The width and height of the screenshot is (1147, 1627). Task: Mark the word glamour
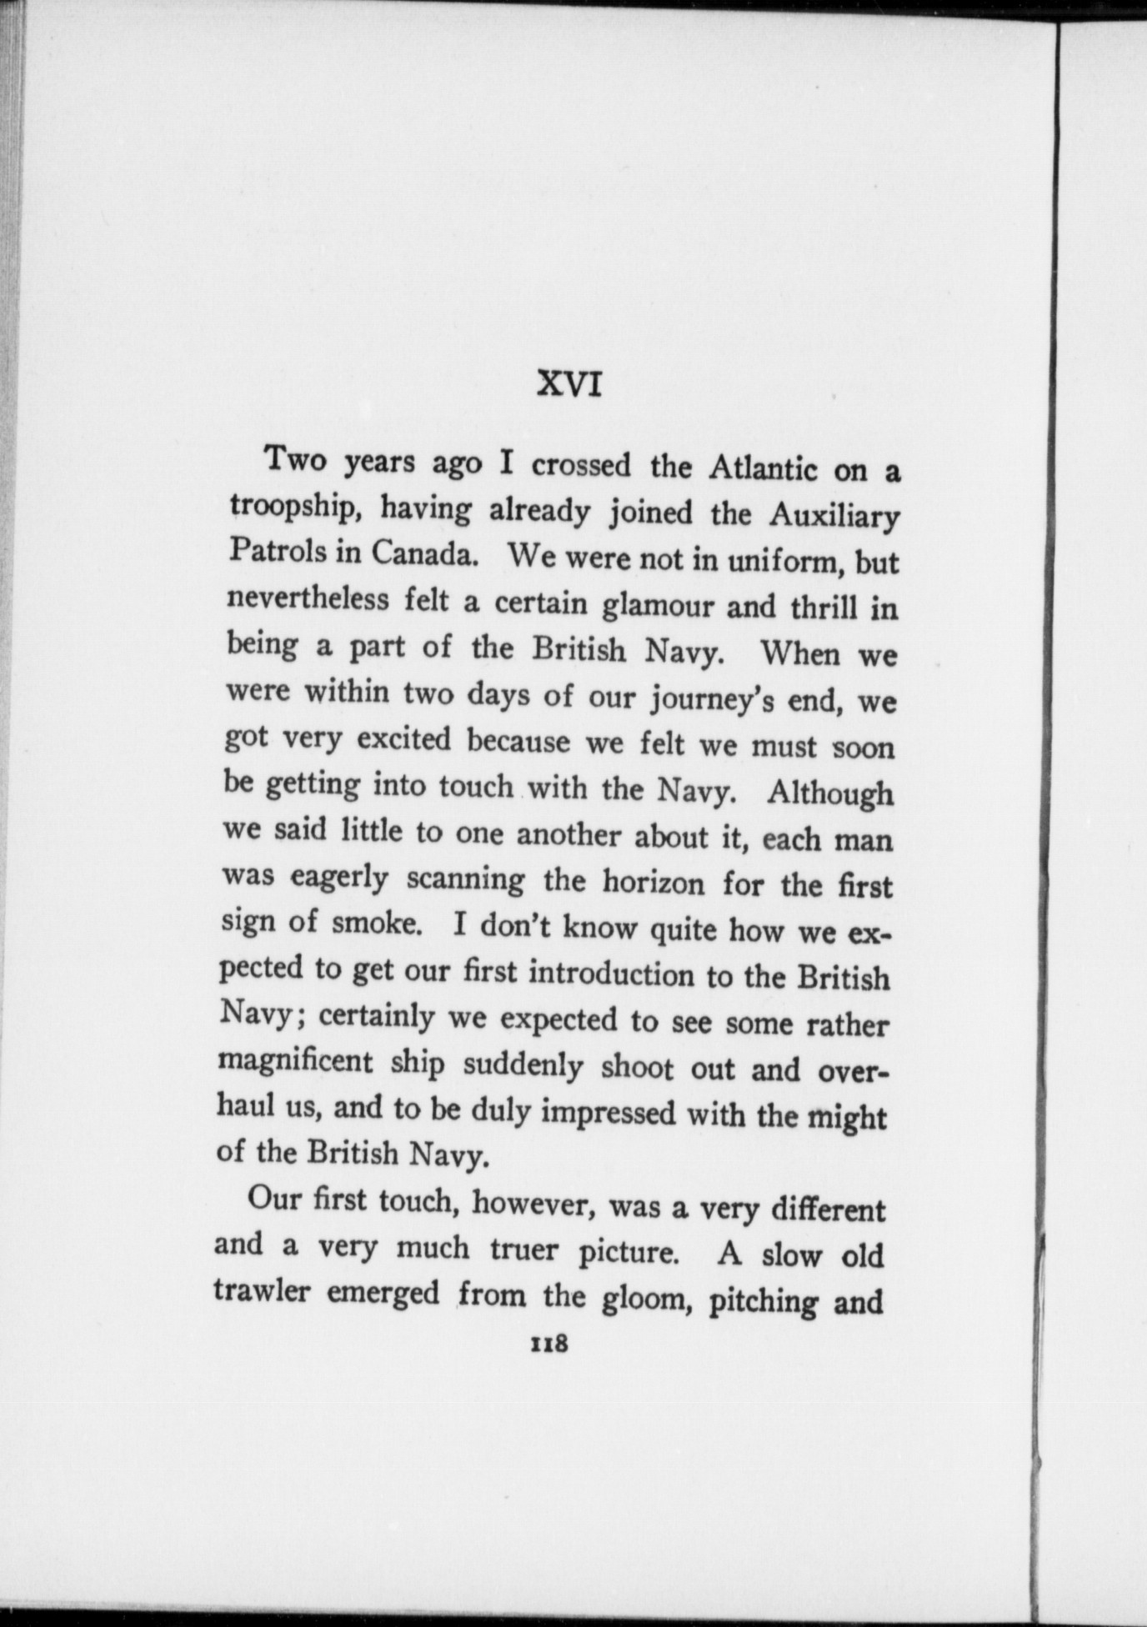[658, 605]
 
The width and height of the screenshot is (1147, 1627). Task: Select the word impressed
[609, 1114]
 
